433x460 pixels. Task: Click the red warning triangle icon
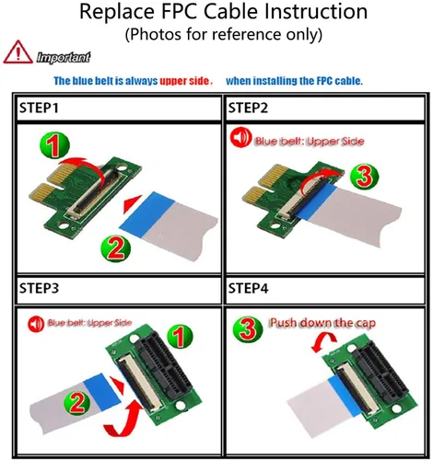tap(18, 52)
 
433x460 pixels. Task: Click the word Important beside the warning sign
tap(64, 57)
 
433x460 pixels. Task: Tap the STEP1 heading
tap(39, 108)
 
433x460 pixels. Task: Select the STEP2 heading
tap(248, 108)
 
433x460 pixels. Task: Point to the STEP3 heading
tap(39, 288)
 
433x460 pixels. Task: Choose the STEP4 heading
tap(248, 288)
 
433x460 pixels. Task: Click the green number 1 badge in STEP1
tap(55, 145)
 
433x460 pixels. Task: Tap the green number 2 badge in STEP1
tap(116, 247)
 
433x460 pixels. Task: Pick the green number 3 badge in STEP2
tap(365, 177)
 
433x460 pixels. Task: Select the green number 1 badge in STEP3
tap(180, 337)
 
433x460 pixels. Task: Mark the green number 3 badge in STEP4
tap(248, 329)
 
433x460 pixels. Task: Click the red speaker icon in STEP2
tap(241, 138)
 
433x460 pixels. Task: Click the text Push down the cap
tap(322, 323)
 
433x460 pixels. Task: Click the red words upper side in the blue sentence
tap(184, 81)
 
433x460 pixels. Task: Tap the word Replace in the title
tap(117, 12)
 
